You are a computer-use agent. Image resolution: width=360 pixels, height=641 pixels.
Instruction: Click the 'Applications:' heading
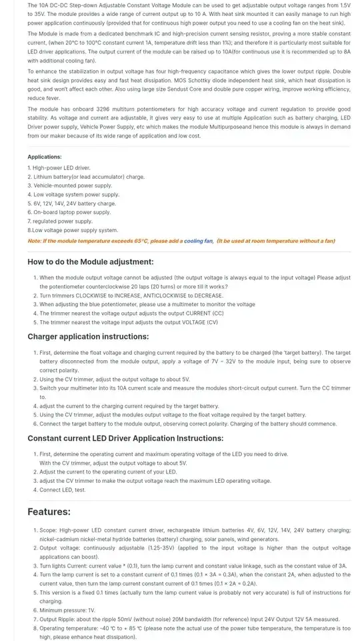click(x=45, y=157)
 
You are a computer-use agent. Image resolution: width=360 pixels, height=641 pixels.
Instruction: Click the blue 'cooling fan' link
click(x=198, y=241)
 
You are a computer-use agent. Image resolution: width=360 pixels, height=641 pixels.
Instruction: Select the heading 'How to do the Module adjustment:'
click(x=90, y=261)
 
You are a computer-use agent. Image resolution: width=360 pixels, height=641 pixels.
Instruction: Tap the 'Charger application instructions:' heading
click(x=88, y=336)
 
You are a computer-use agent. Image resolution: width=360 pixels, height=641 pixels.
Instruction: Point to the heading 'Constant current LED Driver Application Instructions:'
click(x=125, y=438)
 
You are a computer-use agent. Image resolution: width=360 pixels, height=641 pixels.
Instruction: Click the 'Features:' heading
click(x=49, y=512)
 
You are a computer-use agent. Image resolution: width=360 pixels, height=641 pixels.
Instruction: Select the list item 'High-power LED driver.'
click(x=59, y=167)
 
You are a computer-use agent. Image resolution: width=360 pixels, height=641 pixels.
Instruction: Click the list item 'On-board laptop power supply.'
click(x=69, y=212)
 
